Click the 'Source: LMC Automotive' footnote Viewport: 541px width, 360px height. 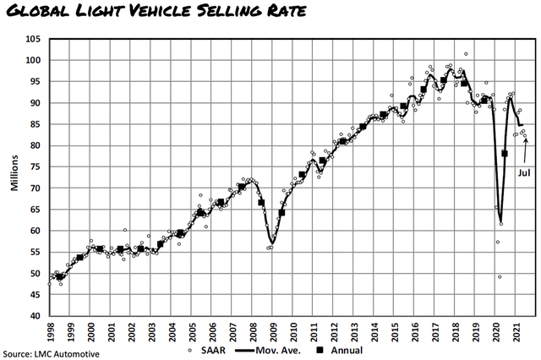(x=51, y=353)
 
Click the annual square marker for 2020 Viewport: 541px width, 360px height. (x=505, y=154)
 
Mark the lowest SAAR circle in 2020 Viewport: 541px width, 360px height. (x=500, y=276)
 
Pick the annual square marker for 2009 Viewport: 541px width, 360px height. (x=281, y=212)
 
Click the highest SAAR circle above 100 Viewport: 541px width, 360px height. (x=466, y=54)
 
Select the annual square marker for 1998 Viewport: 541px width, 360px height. (x=59, y=276)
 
